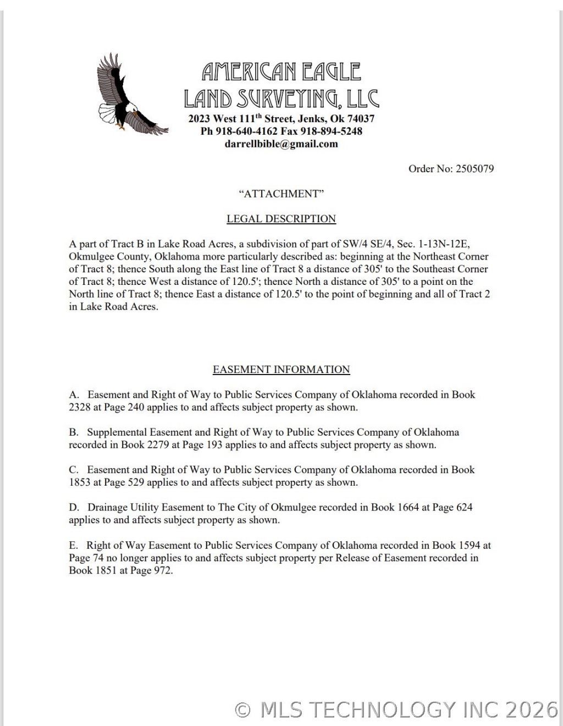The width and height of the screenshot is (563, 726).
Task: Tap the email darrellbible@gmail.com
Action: pos(281,144)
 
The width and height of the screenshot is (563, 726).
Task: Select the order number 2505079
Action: pos(474,169)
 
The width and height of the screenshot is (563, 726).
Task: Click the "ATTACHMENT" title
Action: pos(281,194)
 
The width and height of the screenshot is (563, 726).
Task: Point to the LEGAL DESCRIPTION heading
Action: pos(281,219)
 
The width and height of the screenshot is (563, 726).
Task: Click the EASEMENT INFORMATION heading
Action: pos(281,370)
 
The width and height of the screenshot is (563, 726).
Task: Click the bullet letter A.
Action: pos(74,395)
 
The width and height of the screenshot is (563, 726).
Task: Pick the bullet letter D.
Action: pos(74,507)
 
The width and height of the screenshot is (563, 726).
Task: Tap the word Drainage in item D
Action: pos(108,507)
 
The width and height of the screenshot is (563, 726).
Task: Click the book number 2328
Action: pos(80,408)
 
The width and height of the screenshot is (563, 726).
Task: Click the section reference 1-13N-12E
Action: pos(444,244)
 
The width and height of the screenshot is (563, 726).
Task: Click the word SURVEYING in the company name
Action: pos(284,99)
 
